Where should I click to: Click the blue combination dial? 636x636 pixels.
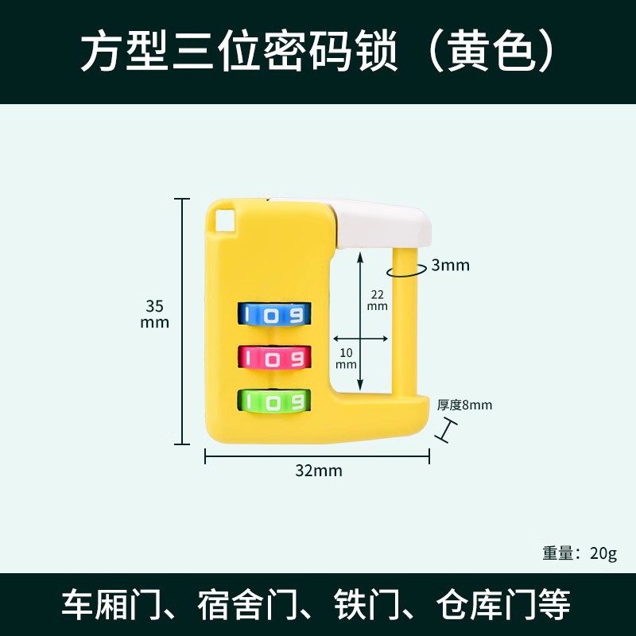click(273, 315)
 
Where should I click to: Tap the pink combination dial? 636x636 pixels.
click(273, 359)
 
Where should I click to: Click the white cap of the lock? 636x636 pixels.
click(385, 220)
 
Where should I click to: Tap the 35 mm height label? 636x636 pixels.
click(154, 313)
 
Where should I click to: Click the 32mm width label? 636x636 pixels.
click(318, 471)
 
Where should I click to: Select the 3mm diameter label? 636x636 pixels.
click(450, 266)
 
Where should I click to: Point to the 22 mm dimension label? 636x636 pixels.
click(377, 300)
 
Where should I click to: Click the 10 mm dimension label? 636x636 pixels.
click(346, 358)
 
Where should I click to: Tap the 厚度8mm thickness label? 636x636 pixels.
click(464, 405)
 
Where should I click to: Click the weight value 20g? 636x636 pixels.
click(603, 553)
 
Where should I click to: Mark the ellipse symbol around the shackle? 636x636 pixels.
click(405, 270)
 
